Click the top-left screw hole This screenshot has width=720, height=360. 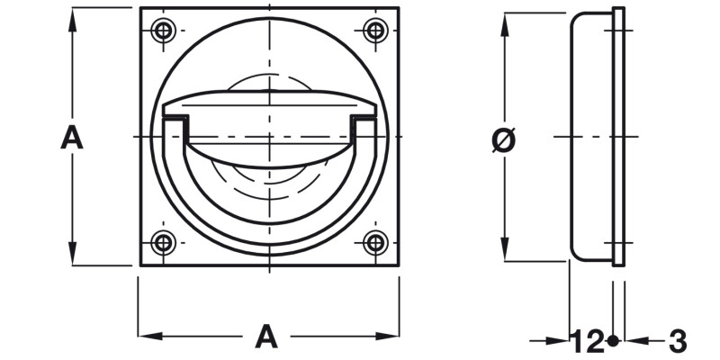(x=162, y=31)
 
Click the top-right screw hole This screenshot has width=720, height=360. (x=375, y=31)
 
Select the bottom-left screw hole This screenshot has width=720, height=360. (x=162, y=241)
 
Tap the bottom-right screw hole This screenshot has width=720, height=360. (x=375, y=241)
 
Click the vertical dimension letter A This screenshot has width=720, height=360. (x=72, y=138)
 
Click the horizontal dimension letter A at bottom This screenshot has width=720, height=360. (x=265, y=337)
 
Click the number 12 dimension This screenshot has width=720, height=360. (x=588, y=341)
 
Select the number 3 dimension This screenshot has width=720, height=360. (x=678, y=341)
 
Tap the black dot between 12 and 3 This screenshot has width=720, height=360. (x=613, y=341)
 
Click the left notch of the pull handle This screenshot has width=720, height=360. (x=175, y=119)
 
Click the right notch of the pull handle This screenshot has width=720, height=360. (x=363, y=119)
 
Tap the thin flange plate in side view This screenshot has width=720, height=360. (x=618, y=135)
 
